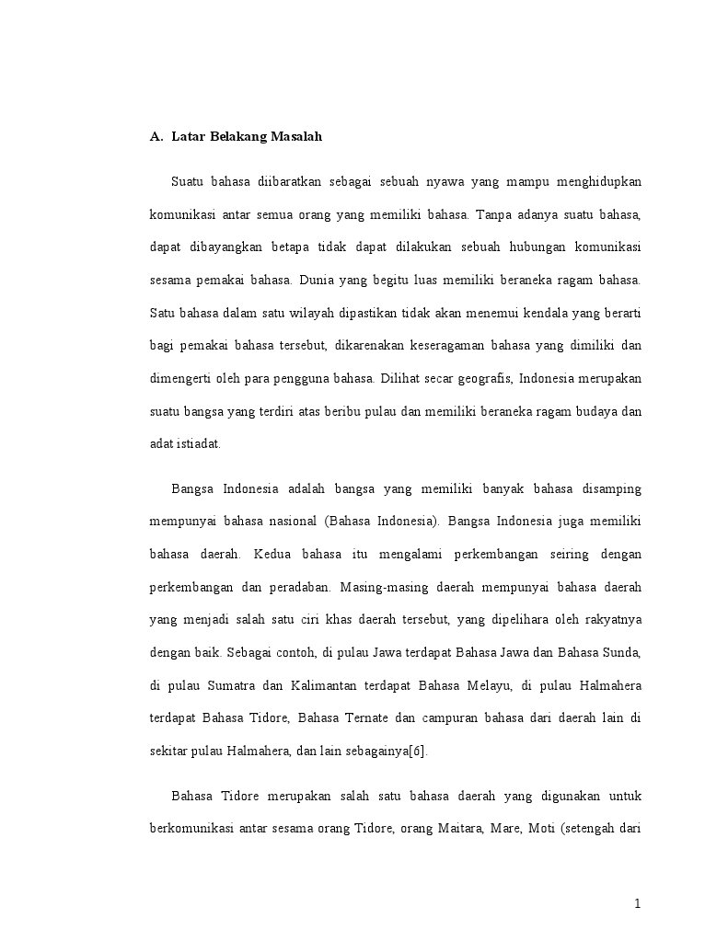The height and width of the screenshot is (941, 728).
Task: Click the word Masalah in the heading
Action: [x=296, y=137]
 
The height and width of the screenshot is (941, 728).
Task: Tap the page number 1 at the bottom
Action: [x=637, y=903]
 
